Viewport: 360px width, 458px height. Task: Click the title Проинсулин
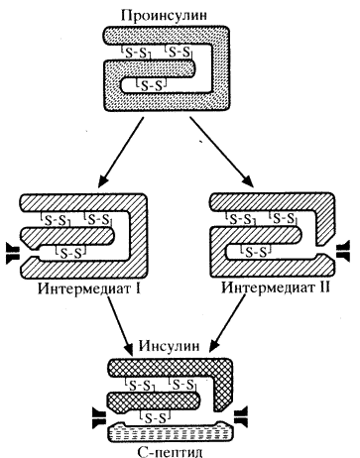165,16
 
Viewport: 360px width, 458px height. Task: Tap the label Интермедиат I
89,288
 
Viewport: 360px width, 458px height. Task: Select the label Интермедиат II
276,287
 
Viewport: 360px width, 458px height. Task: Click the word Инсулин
169,347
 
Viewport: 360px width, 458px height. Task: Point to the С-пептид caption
170,450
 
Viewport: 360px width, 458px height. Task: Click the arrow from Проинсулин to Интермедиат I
121,152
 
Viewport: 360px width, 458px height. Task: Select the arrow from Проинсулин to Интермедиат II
222,152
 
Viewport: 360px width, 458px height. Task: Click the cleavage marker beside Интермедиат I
13,253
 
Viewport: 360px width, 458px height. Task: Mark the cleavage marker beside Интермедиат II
343,251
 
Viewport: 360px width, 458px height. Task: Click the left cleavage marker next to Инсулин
98,418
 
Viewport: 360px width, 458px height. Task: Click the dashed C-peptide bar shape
171,431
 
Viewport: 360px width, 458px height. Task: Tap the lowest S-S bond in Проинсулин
152,85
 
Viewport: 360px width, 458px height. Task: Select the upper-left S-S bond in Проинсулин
136,53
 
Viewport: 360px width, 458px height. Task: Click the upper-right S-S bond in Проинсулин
179,52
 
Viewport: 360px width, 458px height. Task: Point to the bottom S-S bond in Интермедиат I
71,252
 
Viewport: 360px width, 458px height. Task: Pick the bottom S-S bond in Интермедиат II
258,252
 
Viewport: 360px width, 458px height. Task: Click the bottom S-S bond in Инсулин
156,417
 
